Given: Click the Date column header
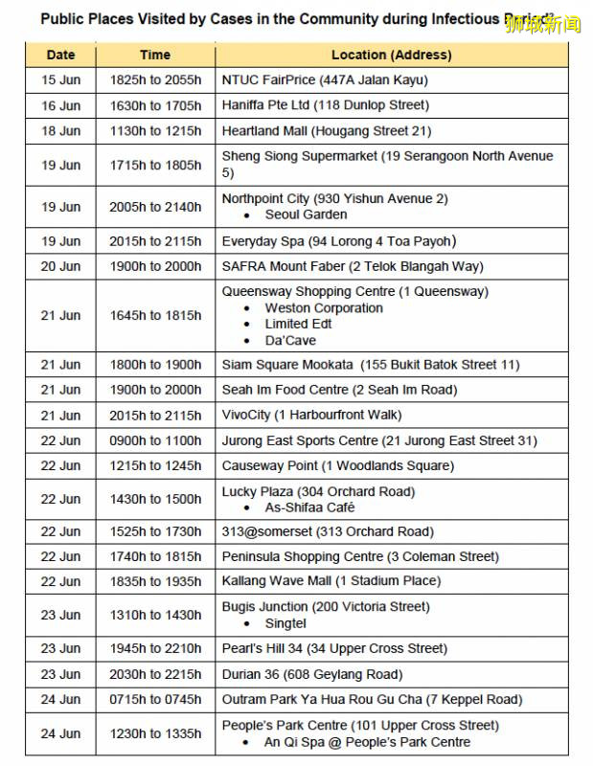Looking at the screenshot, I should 60,55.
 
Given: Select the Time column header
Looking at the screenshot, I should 155,55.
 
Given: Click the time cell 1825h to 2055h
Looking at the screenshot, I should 155,80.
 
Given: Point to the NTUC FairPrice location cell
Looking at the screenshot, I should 325,80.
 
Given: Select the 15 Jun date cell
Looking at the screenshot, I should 60,80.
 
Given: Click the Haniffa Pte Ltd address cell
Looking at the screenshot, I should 325,105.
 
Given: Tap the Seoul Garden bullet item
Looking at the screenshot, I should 306,214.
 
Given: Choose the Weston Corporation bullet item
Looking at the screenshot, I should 323,308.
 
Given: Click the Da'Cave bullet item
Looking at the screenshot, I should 290,340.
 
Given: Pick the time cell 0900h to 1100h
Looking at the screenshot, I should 155,440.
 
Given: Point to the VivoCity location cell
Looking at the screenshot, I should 311,415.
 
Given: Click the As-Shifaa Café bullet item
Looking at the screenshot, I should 309,507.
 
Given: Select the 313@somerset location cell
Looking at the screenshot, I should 328,531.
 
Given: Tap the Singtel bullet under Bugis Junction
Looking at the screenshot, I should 285,623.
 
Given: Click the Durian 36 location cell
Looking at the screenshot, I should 312,674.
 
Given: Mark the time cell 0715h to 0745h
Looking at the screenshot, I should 155,699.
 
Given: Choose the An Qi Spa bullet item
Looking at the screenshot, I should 367,742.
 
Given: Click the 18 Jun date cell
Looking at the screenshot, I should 60,130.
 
